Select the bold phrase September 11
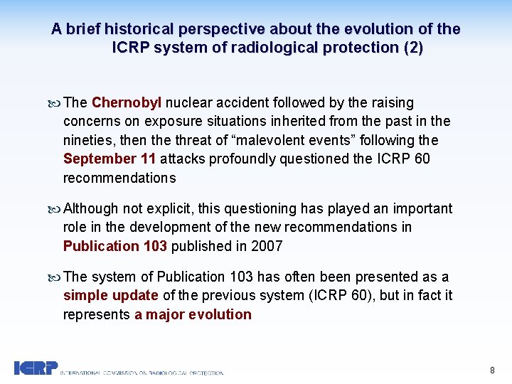coord(105,159)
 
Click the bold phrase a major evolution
coord(193,314)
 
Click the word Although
coord(91,208)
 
